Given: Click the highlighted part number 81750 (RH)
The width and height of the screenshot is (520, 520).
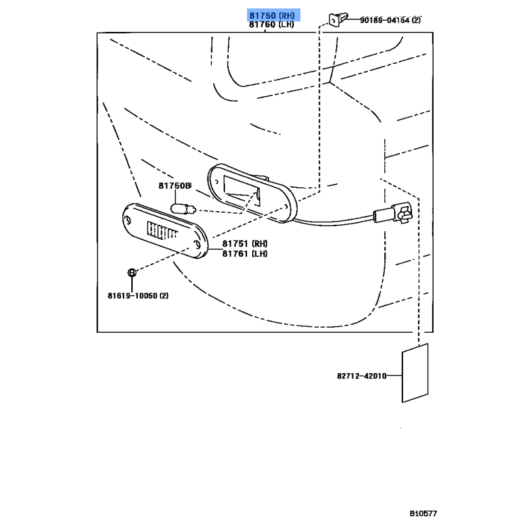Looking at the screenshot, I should click(272, 15).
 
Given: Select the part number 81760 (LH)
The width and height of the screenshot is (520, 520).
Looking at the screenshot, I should click(272, 25).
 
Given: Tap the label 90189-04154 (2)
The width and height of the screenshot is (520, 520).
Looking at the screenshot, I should click(391, 20).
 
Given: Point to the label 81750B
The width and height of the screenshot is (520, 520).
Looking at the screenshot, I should click(174, 186).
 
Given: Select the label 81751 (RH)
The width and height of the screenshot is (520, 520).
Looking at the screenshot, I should click(245, 244).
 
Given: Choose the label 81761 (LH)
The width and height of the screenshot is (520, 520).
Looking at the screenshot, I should click(245, 253).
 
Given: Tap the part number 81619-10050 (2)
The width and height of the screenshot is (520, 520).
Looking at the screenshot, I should click(138, 296).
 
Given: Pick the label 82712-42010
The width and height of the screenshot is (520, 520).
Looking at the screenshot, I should click(362, 376).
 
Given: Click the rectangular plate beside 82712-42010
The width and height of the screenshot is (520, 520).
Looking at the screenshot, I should click(416, 374).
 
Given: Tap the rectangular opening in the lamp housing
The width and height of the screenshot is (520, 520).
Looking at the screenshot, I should click(240, 192).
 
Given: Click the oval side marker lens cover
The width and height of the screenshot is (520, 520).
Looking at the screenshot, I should click(165, 231).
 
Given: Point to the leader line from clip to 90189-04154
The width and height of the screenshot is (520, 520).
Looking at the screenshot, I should click(351, 20).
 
